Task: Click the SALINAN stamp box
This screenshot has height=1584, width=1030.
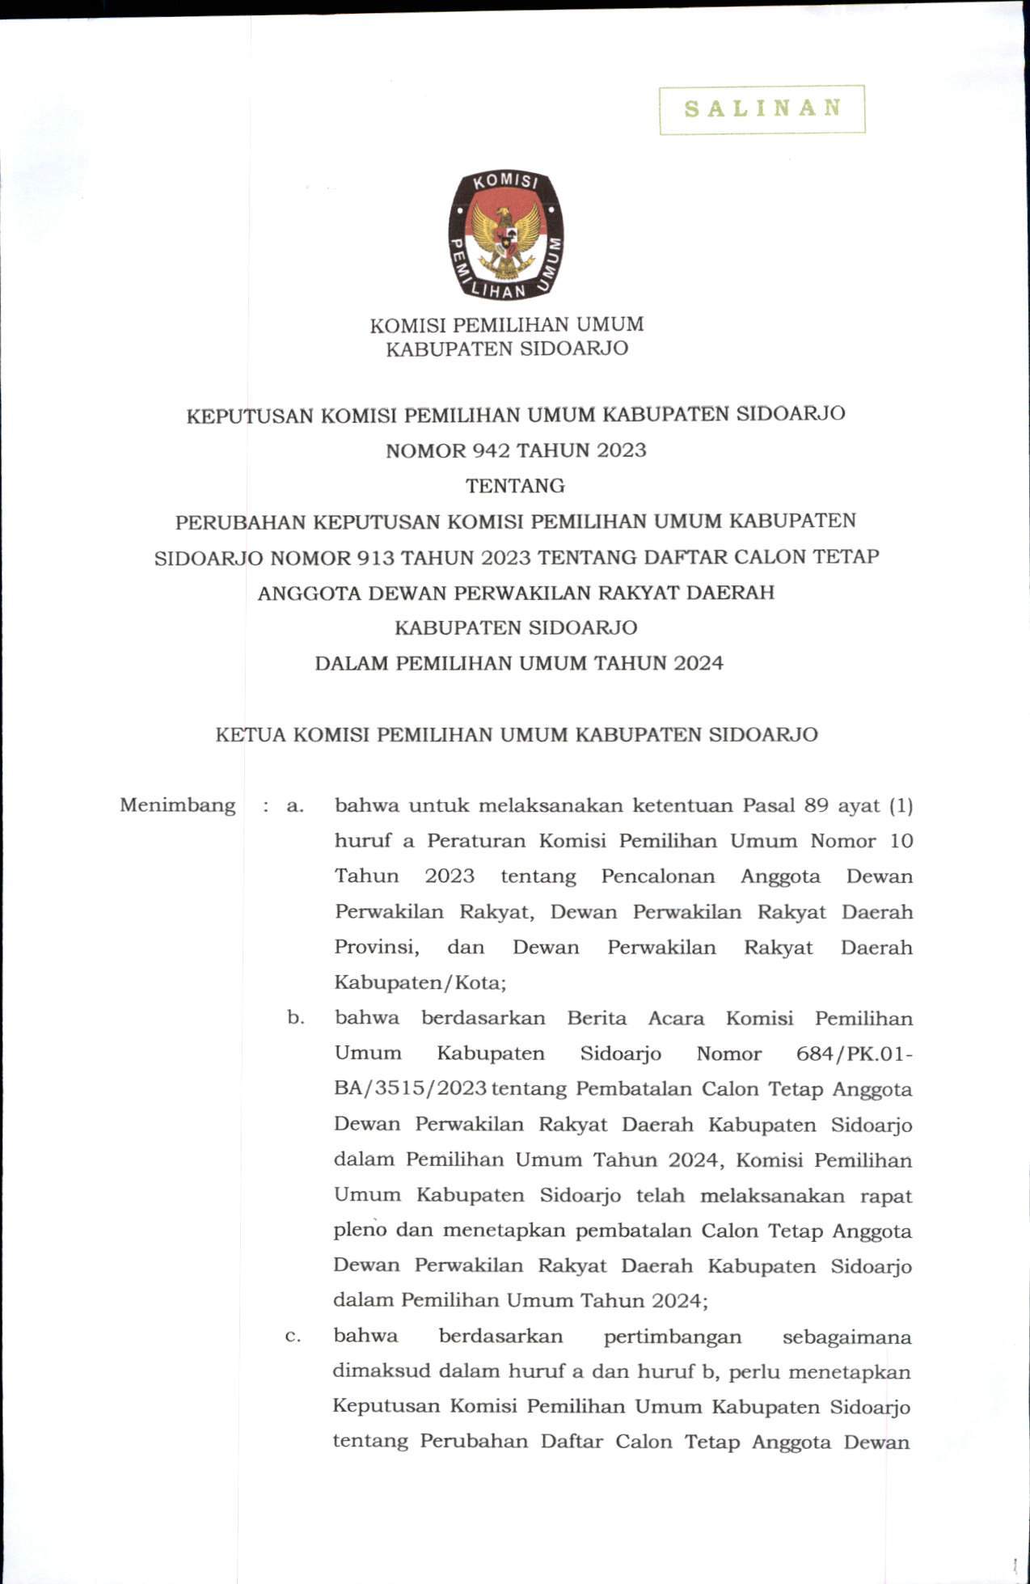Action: pyautogui.click(x=762, y=109)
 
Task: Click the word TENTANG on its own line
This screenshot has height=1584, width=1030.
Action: pyautogui.click(x=515, y=486)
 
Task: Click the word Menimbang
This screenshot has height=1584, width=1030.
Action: pyautogui.click(x=177, y=805)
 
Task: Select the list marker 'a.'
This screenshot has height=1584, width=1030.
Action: pyautogui.click(x=295, y=805)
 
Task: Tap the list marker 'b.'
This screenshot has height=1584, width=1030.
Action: pyautogui.click(x=296, y=1018)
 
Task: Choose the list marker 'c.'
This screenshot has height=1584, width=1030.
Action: pyautogui.click(x=293, y=1336)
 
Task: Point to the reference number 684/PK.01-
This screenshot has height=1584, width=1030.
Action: pyautogui.click(x=855, y=1054)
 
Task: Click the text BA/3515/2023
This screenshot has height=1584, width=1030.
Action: pyautogui.click(x=410, y=1089)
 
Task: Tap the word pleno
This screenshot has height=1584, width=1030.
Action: pyautogui.click(x=360, y=1231)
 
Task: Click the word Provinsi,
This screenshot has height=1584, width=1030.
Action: pyautogui.click(x=376, y=947)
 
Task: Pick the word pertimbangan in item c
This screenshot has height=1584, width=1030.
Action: pyautogui.click(x=673, y=1337)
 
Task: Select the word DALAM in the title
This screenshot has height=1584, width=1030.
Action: pyautogui.click(x=352, y=664)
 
